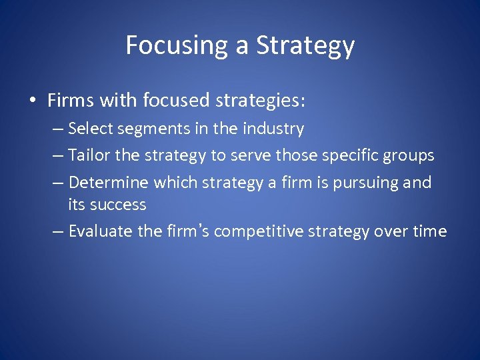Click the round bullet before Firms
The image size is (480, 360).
coord(32,101)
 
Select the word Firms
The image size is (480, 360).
coord(69,101)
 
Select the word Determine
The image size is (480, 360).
coord(109,183)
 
